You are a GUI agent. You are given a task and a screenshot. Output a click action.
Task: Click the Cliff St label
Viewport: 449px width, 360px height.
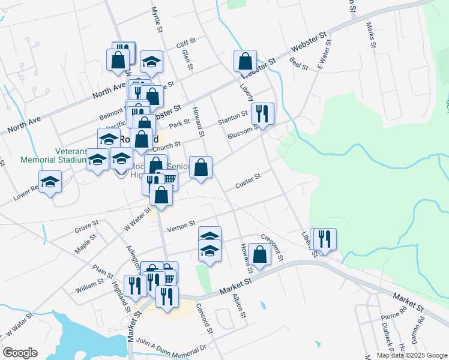(186, 43)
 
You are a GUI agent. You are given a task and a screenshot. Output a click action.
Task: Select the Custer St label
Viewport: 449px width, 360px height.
(248, 181)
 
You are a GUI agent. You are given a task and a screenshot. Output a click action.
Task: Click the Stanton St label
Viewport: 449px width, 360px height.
(233, 115)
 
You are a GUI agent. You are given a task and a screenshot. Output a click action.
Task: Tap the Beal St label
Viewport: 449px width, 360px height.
(298, 62)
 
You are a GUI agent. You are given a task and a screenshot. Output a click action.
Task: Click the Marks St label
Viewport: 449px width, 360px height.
(372, 35)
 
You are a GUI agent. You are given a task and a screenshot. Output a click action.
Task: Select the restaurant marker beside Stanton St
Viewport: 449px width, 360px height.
(262, 113)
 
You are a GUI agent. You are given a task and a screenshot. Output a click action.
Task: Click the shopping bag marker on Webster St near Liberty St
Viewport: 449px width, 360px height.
(245, 61)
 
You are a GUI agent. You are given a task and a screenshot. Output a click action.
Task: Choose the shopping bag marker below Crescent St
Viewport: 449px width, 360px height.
(260, 254)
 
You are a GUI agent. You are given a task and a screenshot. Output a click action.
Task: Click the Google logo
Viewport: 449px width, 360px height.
(20, 353)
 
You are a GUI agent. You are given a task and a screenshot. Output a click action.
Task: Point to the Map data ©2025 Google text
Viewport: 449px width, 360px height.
(411, 355)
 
